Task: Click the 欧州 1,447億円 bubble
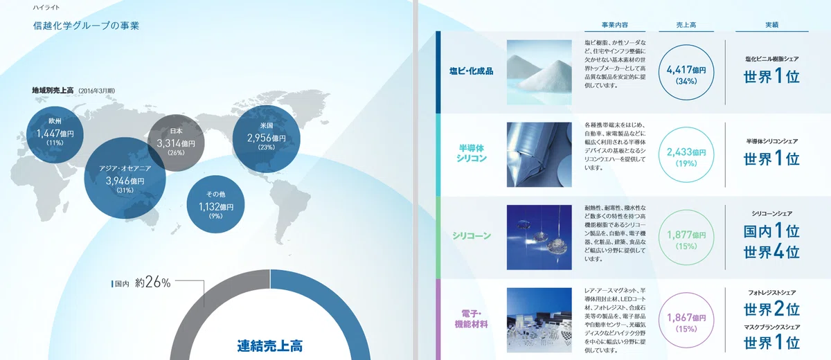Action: (55, 134)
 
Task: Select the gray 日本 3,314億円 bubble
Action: (176, 143)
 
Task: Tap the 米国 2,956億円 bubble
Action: (267, 139)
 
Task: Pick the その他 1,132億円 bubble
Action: (215, 204)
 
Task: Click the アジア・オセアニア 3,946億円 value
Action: (125, 181)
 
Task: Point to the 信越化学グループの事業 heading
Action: (86, 26)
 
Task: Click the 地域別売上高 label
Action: (53, 91)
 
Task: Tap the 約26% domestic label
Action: (152, 283)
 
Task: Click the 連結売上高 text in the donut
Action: (269, 345)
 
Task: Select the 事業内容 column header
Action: (615, 25)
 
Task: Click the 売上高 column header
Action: (686, 25)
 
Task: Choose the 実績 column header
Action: (771, 25)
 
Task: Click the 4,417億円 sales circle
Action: (686, 72)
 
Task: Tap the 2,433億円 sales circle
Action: (686, 154)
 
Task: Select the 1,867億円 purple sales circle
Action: (686, 320)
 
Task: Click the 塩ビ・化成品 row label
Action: (471, 71)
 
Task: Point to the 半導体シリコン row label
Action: (471, 153)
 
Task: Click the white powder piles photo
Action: (539, 72)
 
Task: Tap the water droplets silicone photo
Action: (539, 237)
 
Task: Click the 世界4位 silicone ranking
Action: (771, 252)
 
